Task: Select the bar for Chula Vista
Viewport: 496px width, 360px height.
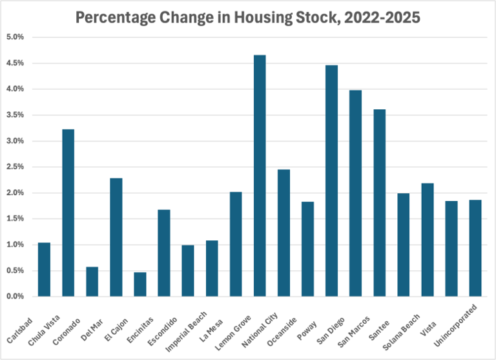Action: click(68, 213)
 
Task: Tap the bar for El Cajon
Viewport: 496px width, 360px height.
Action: click(140, 284)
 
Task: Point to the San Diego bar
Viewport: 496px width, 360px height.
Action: click(355, 193)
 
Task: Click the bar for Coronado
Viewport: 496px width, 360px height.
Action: click(92, 282)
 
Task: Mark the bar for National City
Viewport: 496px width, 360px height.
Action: click(284, 233)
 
